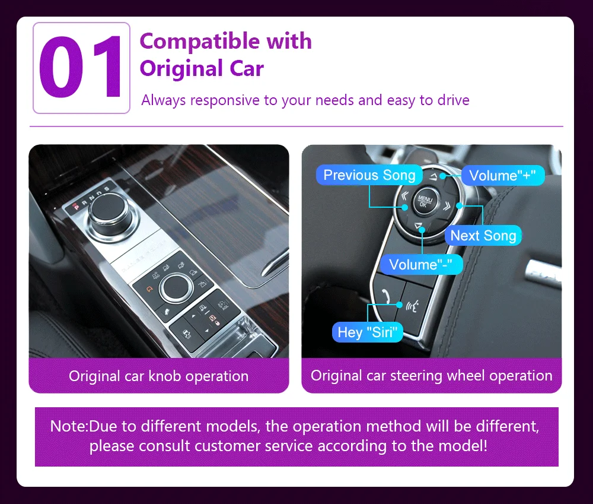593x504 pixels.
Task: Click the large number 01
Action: (81, 68)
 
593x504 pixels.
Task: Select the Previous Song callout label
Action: (369, 175)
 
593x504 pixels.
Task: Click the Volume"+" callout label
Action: (502, 175)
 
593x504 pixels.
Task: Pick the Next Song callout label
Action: (483, 236)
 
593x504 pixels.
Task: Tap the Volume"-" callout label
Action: (425, 264)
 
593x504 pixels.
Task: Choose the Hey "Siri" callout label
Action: (366, 332)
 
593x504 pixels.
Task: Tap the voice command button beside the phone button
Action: (413, 306)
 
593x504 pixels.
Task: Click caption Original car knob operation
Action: (158, 376)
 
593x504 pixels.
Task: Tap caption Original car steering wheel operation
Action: (431, 376)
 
